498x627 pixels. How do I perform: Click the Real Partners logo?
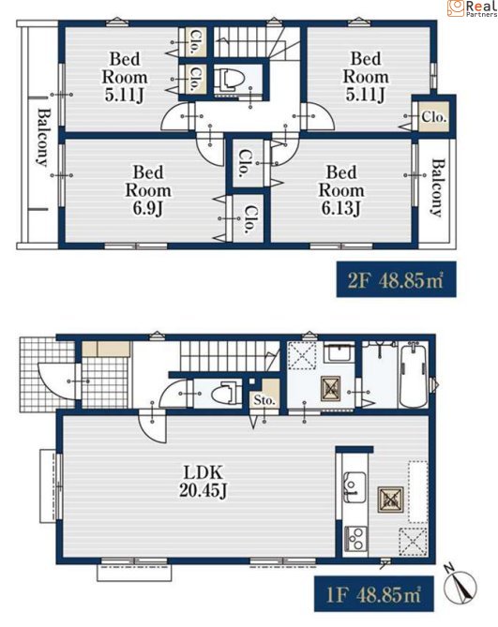(x=472, y=8)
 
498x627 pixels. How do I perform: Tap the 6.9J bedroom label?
(x=148, y=190)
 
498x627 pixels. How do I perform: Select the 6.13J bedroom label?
(x=341, y=190)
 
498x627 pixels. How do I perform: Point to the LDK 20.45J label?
(x=204, y=482)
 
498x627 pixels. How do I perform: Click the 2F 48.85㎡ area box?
(x=396, y=279)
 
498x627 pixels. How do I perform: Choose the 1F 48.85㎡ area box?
(x=373, y=594)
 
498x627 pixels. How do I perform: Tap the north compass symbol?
(x=460, y=585)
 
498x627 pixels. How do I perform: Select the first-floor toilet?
(x=225, y=394)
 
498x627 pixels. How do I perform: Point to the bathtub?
(x=414, y=376)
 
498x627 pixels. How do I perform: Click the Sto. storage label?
(x=264, y=400)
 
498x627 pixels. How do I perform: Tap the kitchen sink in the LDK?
(x=355, y=486)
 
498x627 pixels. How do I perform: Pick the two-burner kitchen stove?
(x=355, y=539)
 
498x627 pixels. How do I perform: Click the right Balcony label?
(x=438, y=187)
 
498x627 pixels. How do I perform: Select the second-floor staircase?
(x=256, y=42)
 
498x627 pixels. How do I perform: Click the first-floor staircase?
(x=229, y=356)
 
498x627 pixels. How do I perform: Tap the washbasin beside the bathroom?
(x=339, y=352)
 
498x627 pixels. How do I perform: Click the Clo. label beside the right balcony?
(x=433, y=117)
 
